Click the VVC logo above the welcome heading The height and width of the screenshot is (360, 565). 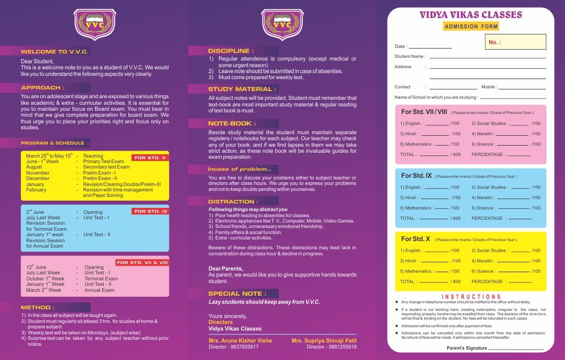pyautogui.click(x=94, y=25)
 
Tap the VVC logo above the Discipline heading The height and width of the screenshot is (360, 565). pyautogui.click(x=282, y=25)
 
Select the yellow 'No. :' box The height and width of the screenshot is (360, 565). pyautogui.click(x=515, y=42)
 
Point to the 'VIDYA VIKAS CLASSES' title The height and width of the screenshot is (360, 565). pyautogui.click(x=471, y=15)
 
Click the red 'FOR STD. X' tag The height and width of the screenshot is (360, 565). pyautogui.click(x=150, y=158)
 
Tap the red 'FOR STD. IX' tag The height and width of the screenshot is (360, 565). pyautogui.click(x=150, y=211)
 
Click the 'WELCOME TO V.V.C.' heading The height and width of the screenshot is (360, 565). pyautogui.click(x=54, y=51)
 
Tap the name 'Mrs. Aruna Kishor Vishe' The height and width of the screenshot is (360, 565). pyautogui.click(x=240, y=340)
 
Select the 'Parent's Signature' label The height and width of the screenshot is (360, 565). pyautogui.click(x=466, y=348)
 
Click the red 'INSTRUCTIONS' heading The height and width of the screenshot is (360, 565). pyautogui.click(x=471, y=297)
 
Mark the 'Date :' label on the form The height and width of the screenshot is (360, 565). pyautogui.click(x=401, y=46)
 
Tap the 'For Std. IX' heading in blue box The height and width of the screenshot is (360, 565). pyautogui.click(x=417, y=176)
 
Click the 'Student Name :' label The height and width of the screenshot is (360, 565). pyautogui.click(x=410, y=56)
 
